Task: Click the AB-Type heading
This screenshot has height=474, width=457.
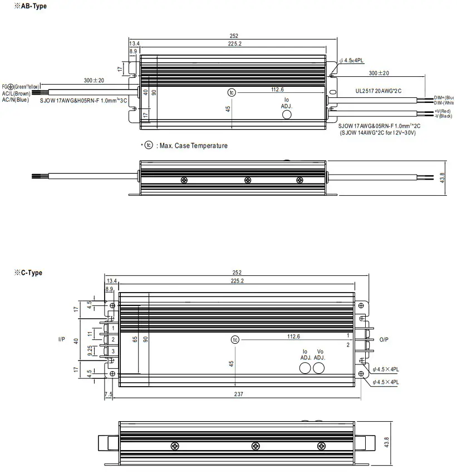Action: click(x=32, y=6)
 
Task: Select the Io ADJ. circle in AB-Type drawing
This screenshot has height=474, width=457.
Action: click(x=287, y=114)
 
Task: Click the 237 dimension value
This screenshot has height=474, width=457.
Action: click(x=237, y=394)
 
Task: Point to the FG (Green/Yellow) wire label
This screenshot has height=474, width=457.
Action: click(x=21, y=86)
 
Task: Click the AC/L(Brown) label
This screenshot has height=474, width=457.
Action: click(x=16, y=93)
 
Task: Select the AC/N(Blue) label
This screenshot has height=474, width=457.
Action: click(x=15, y=100)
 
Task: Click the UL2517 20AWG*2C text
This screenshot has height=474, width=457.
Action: click(x=379, y=90)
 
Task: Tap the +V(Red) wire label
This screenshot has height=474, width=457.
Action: click(x=443, y=111)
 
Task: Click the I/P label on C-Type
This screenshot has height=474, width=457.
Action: click(x=61, y=339)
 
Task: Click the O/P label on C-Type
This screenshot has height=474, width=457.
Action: click(x=384, y=339)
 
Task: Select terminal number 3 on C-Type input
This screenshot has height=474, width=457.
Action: click(x=113, y=351)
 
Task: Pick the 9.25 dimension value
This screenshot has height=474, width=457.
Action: click(x=91, y=351)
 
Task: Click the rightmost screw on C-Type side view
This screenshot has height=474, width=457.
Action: click(x=321, y=446)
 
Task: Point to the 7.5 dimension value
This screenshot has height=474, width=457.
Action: click(x=108, y=394)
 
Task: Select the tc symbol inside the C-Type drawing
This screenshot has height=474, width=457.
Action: click(x=235, y=339)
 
